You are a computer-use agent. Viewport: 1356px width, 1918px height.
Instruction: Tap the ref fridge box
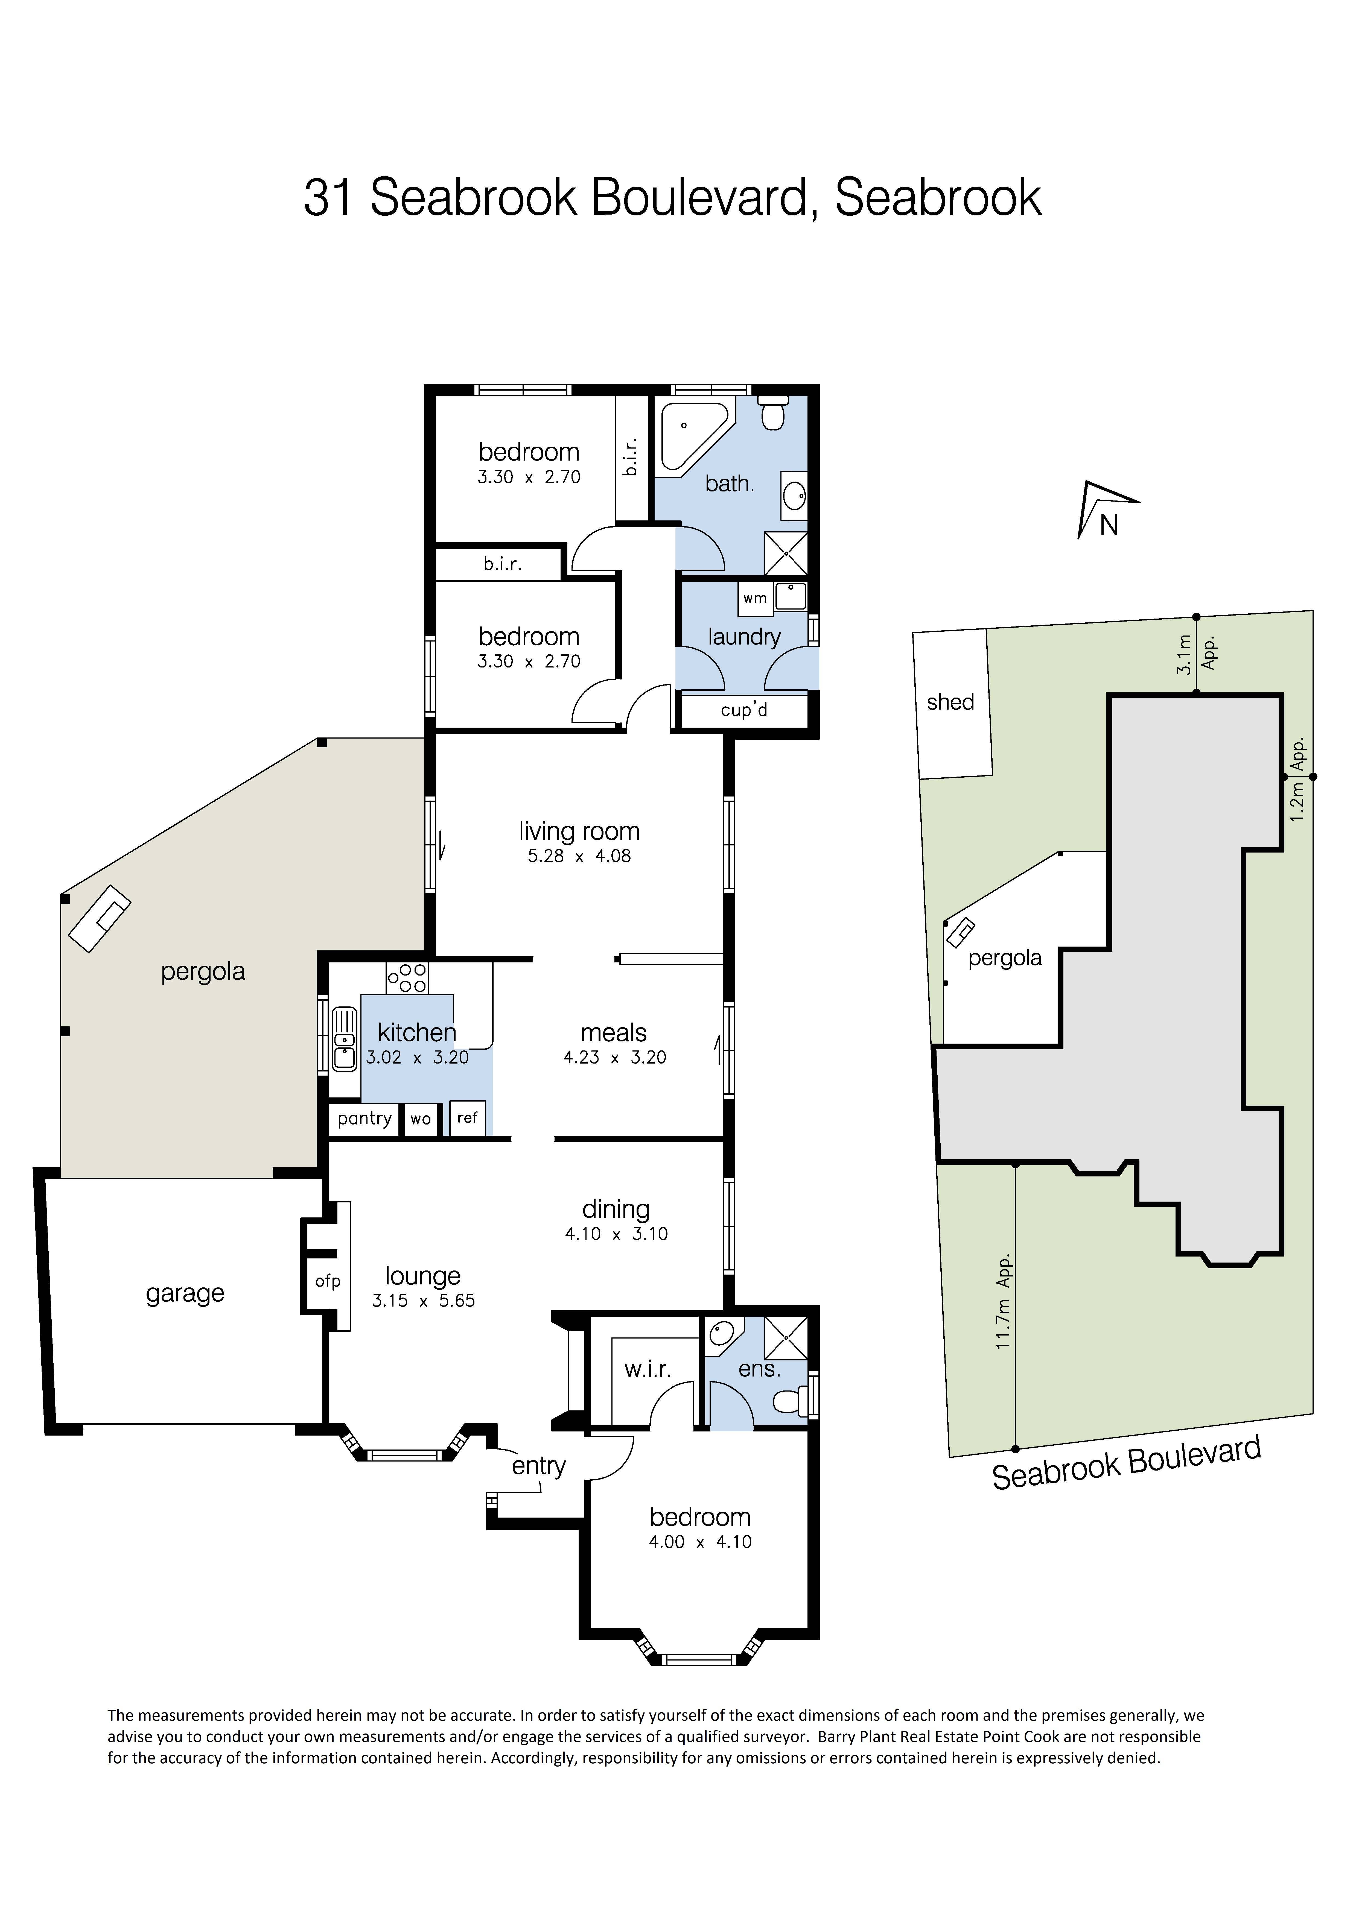(467, 1118)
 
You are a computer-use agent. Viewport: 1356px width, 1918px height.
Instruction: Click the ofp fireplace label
(328, 1281)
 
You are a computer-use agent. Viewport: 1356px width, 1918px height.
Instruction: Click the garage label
(185, 1293)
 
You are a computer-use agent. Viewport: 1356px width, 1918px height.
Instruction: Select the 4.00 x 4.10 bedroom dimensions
(700, 1542)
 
